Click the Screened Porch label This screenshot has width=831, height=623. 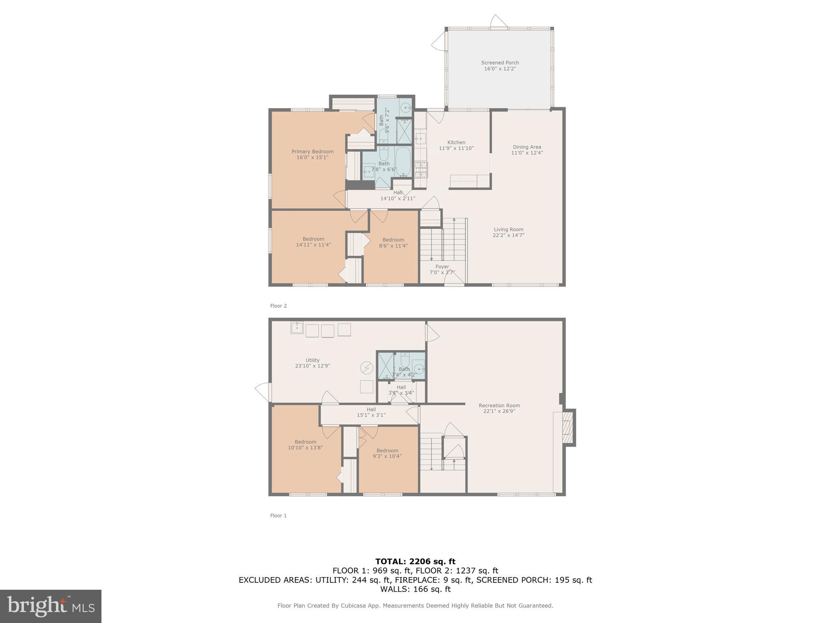500,63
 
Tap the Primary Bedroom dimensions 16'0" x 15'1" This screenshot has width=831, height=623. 312,157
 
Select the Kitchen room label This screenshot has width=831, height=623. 456,142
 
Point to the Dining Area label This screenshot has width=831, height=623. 527,147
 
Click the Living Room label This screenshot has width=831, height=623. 508,230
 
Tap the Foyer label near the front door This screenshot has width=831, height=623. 442,267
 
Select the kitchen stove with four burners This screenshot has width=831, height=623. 421,170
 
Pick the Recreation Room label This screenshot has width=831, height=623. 499,406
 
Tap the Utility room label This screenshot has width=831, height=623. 312,360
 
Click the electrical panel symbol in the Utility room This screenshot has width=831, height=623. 366,368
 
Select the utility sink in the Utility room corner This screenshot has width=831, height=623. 297,328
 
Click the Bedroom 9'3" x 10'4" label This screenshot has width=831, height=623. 387,451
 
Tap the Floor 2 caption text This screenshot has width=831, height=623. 278,306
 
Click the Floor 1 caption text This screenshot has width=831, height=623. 278,516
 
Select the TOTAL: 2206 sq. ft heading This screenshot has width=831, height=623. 415,562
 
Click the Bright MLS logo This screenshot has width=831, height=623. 51,606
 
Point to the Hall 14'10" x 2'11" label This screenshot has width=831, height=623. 398,195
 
